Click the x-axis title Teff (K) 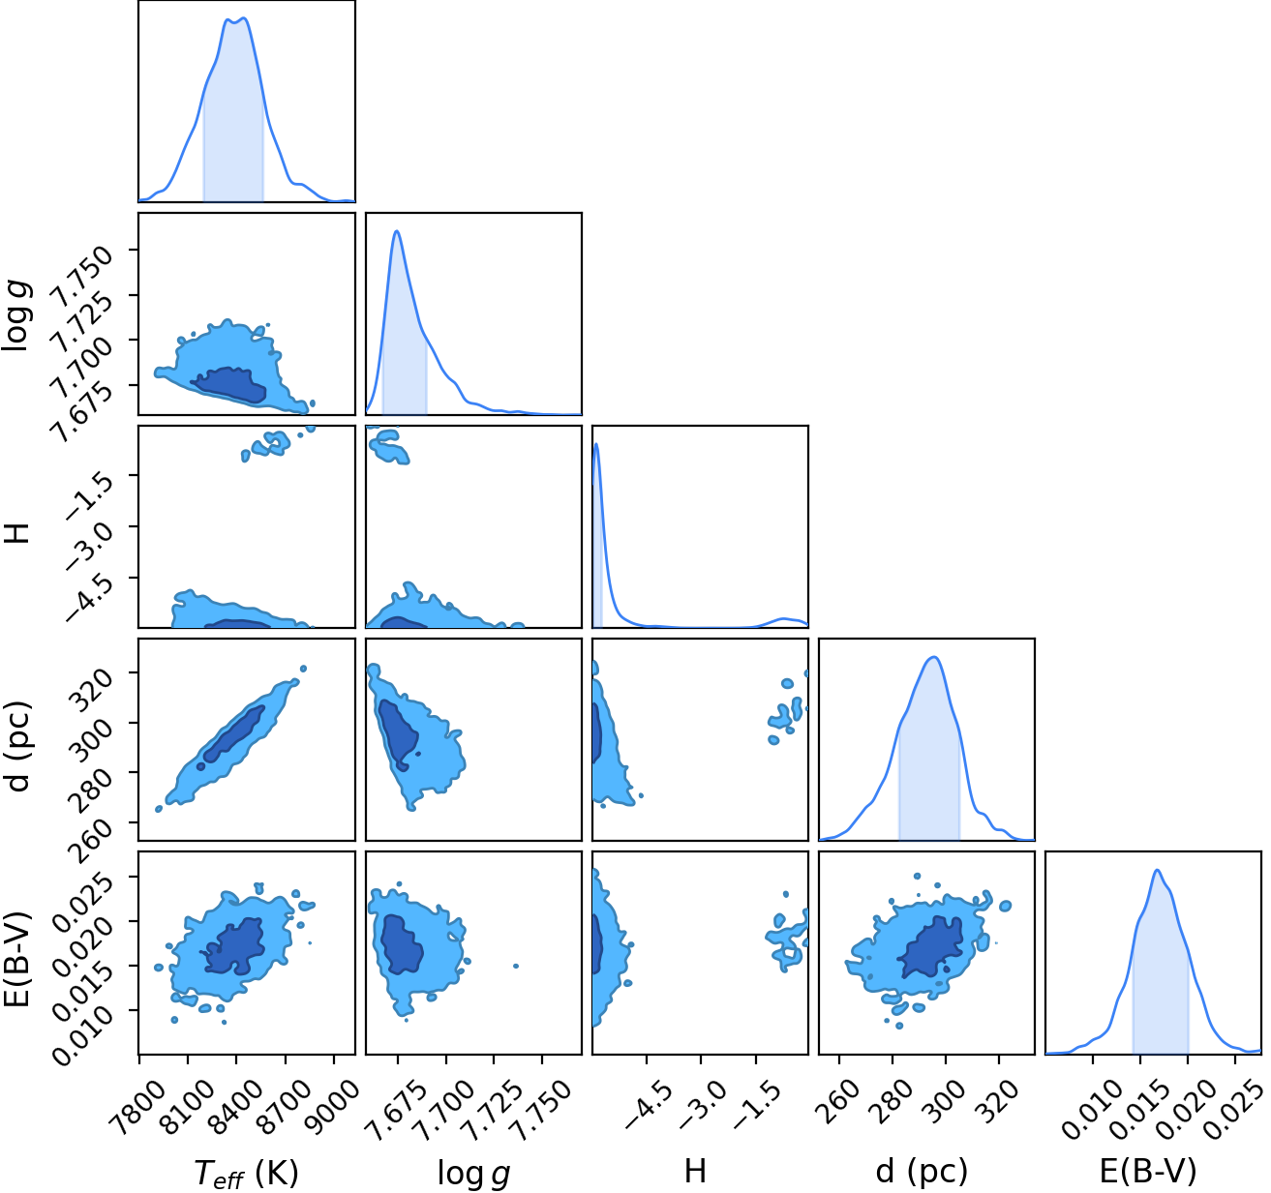pos(247,1173)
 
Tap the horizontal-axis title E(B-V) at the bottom pos(1148,1172)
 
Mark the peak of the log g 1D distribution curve pos(397,231)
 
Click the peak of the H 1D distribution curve pos(596,444)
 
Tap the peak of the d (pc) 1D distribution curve pos(935,657)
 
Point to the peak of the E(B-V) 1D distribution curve pos(1157,870)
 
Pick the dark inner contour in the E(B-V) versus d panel pos(931,947)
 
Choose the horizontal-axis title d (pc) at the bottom pos(923,1172)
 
